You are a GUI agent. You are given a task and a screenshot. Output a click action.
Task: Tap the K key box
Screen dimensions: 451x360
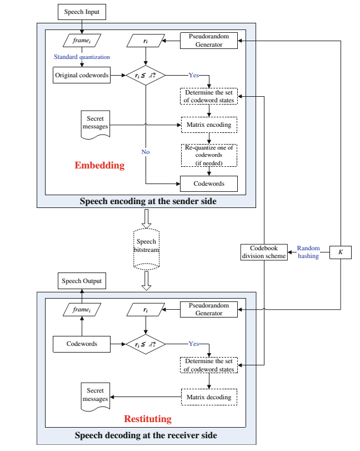point(341,252)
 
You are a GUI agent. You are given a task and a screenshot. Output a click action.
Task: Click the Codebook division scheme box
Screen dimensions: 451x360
point(263,252)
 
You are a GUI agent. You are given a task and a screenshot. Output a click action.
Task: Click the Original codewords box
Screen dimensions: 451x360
point(81,75)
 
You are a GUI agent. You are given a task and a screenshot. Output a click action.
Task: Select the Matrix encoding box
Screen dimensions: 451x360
point(209,125)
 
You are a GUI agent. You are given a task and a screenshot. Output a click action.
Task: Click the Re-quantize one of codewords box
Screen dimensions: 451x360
point(209,156)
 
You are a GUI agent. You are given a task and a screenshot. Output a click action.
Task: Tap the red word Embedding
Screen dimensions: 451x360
point(99,165)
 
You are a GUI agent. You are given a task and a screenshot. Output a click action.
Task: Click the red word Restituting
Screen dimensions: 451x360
point(147,418)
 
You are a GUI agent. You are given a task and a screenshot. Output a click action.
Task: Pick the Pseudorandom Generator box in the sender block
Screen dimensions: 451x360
point(209,41)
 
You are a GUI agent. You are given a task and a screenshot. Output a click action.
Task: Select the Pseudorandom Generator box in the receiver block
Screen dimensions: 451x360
point(209,309)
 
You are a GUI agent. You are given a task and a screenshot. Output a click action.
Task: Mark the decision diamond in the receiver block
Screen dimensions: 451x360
point(146,344)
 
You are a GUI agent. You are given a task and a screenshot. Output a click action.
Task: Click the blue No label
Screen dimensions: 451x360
point(145,152)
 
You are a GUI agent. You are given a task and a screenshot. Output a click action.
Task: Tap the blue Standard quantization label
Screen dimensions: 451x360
point(82,57)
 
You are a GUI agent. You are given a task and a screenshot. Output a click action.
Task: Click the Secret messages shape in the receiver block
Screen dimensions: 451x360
point(94,396)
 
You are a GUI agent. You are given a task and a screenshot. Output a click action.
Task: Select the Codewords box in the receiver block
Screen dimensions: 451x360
point(81,344)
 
